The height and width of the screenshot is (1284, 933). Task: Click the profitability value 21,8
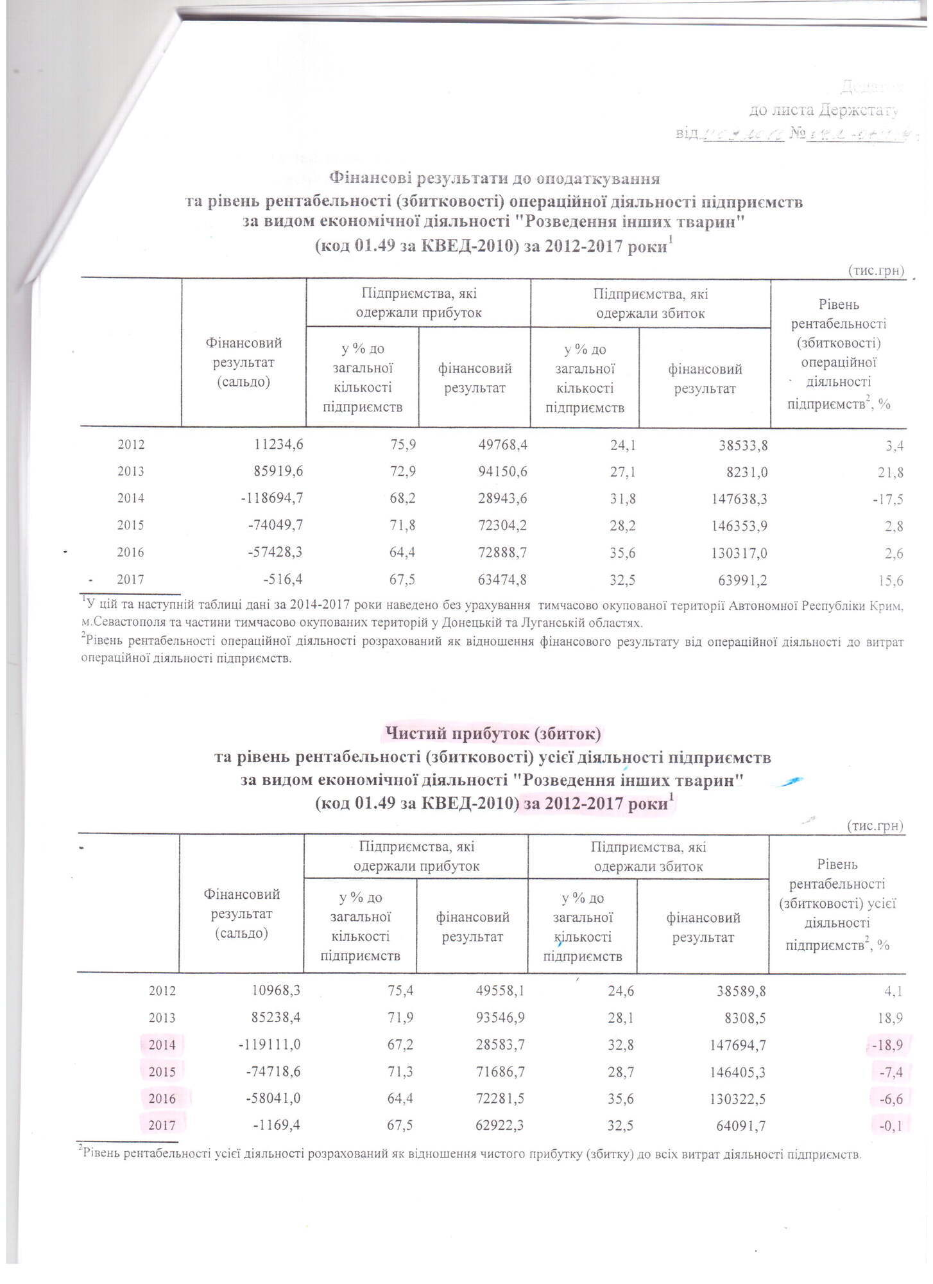pyautogui.click(x=891, y=472)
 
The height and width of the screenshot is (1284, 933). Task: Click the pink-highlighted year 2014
pyautogui.click(x=162, y=1045)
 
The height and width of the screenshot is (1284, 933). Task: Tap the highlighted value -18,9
pyautogui.click(x=887, y=1045)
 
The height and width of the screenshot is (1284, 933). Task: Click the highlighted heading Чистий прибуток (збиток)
pyautogui.click(x=492, y=732)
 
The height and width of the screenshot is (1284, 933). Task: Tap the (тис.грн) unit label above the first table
pyautogui.click(x=875, y=270)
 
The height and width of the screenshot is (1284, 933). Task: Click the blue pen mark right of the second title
pyautogui.click(x=789, y=780)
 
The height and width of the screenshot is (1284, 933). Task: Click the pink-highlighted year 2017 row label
pyautogui.click(x=162, y=1125)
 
